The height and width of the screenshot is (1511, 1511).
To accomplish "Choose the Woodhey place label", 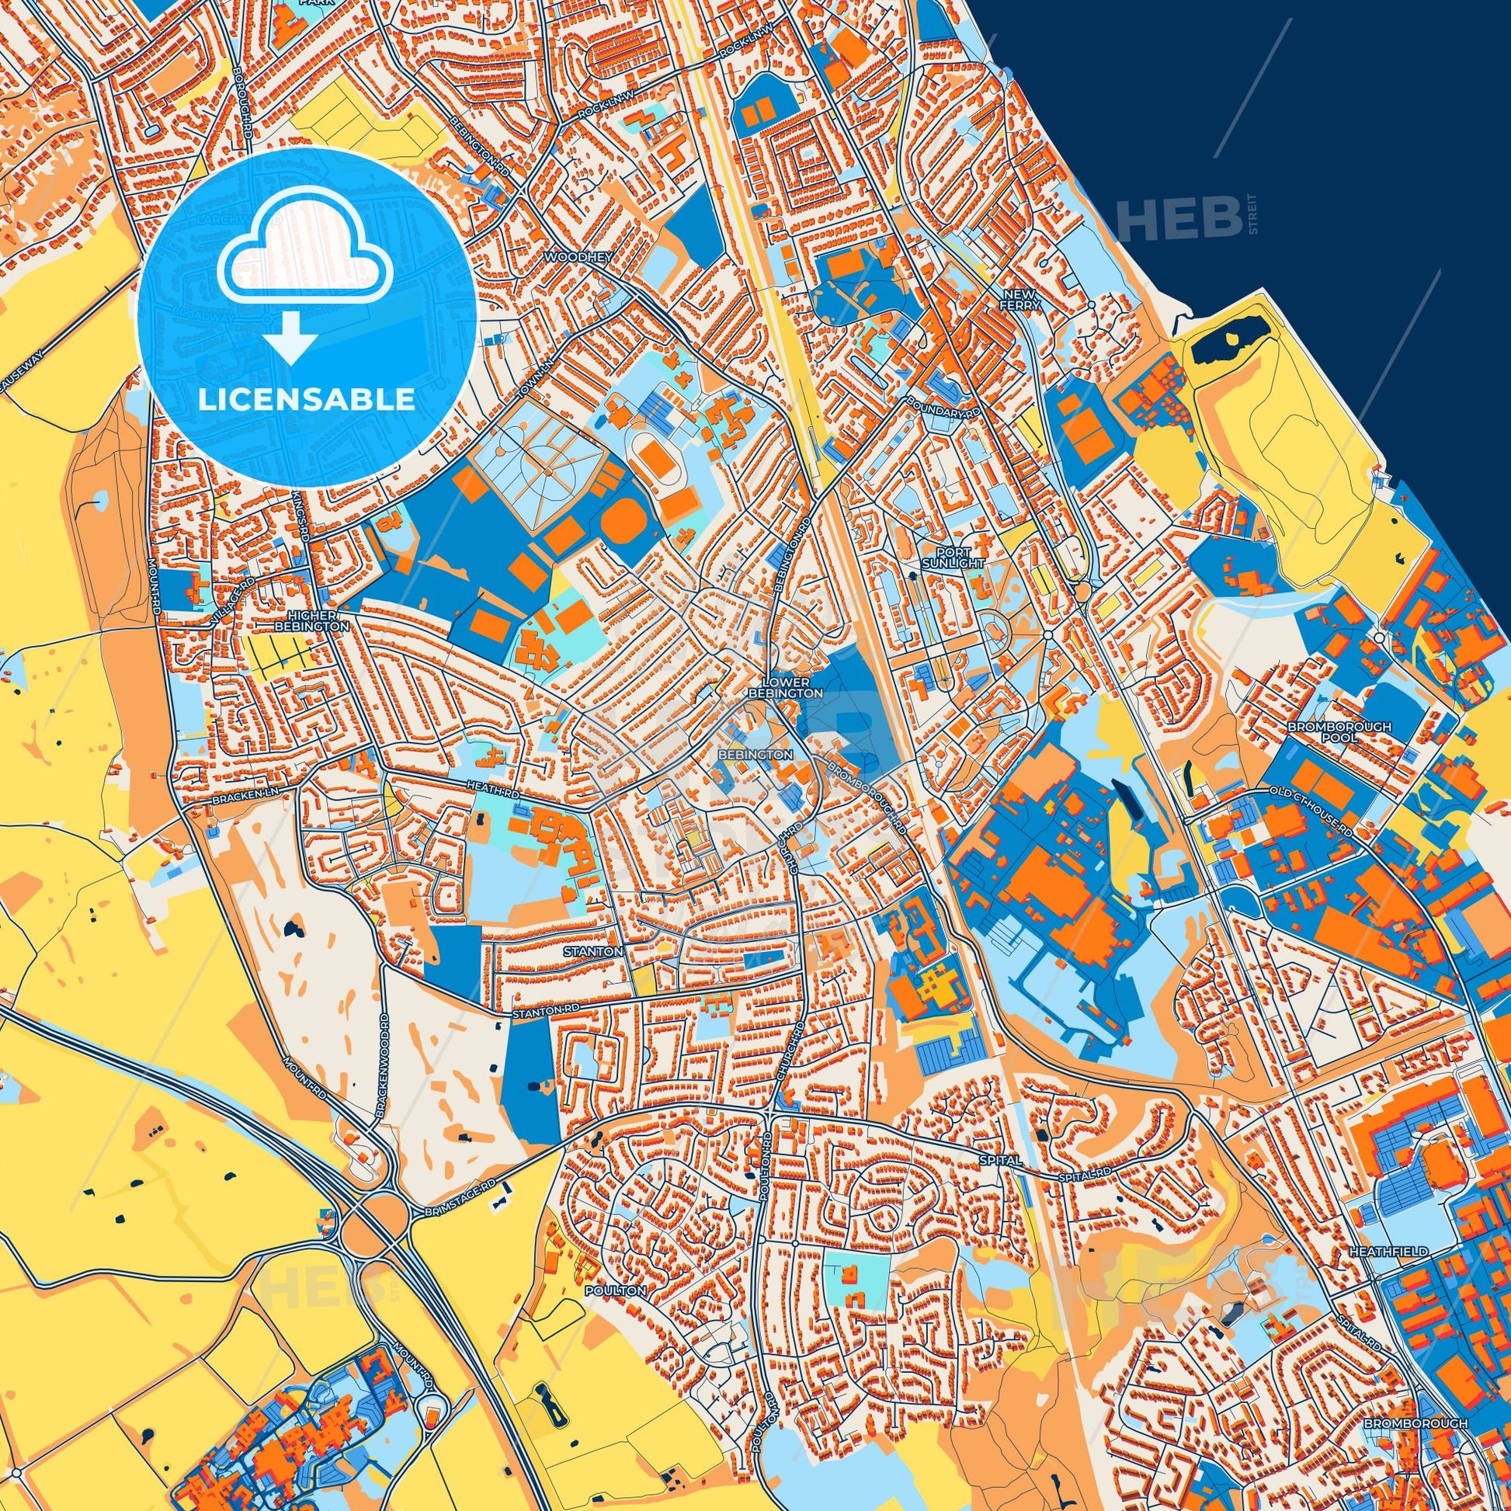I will tap(569, 256).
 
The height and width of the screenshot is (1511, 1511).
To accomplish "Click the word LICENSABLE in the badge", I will tap(306, 400).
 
